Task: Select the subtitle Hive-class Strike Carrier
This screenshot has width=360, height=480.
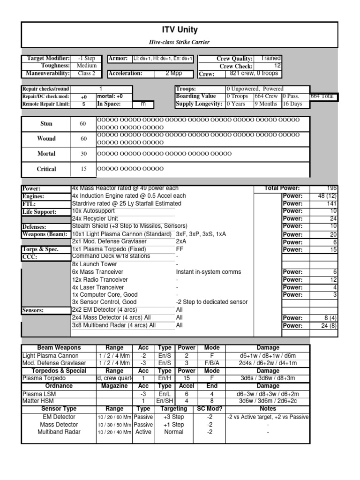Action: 180,42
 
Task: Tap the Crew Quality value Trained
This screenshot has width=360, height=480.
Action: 270,58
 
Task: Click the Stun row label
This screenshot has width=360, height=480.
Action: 46,124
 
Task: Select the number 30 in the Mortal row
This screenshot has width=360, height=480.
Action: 83,154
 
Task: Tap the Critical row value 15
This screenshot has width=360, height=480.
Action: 83,169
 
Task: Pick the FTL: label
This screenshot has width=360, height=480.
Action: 29,204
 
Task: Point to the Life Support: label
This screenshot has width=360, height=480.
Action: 39,212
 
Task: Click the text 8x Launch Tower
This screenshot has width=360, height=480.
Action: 95,264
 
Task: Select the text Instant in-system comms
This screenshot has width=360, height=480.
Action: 209,272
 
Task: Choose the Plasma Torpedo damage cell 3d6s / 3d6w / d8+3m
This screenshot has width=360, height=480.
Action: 268,378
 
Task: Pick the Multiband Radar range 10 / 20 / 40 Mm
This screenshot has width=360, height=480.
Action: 114,432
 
